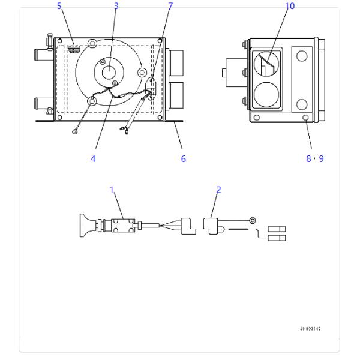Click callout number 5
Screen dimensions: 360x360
click(59, 6)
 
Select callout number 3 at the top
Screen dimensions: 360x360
click(116, 6)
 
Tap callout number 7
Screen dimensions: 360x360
click(170, 6)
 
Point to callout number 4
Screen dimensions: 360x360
click(93, 158)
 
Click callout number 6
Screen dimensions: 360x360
click(184, 158)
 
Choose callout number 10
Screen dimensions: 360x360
click(291, 6)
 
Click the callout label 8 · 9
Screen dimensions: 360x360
click(314, 158)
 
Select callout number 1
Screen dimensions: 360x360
click(112, 189)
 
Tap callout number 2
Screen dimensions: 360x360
click(218, 189)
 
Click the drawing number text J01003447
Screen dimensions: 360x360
click(310, 329)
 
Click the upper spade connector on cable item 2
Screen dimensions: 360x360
click(278, 229)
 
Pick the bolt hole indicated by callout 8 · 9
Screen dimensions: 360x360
click(307, 117)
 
